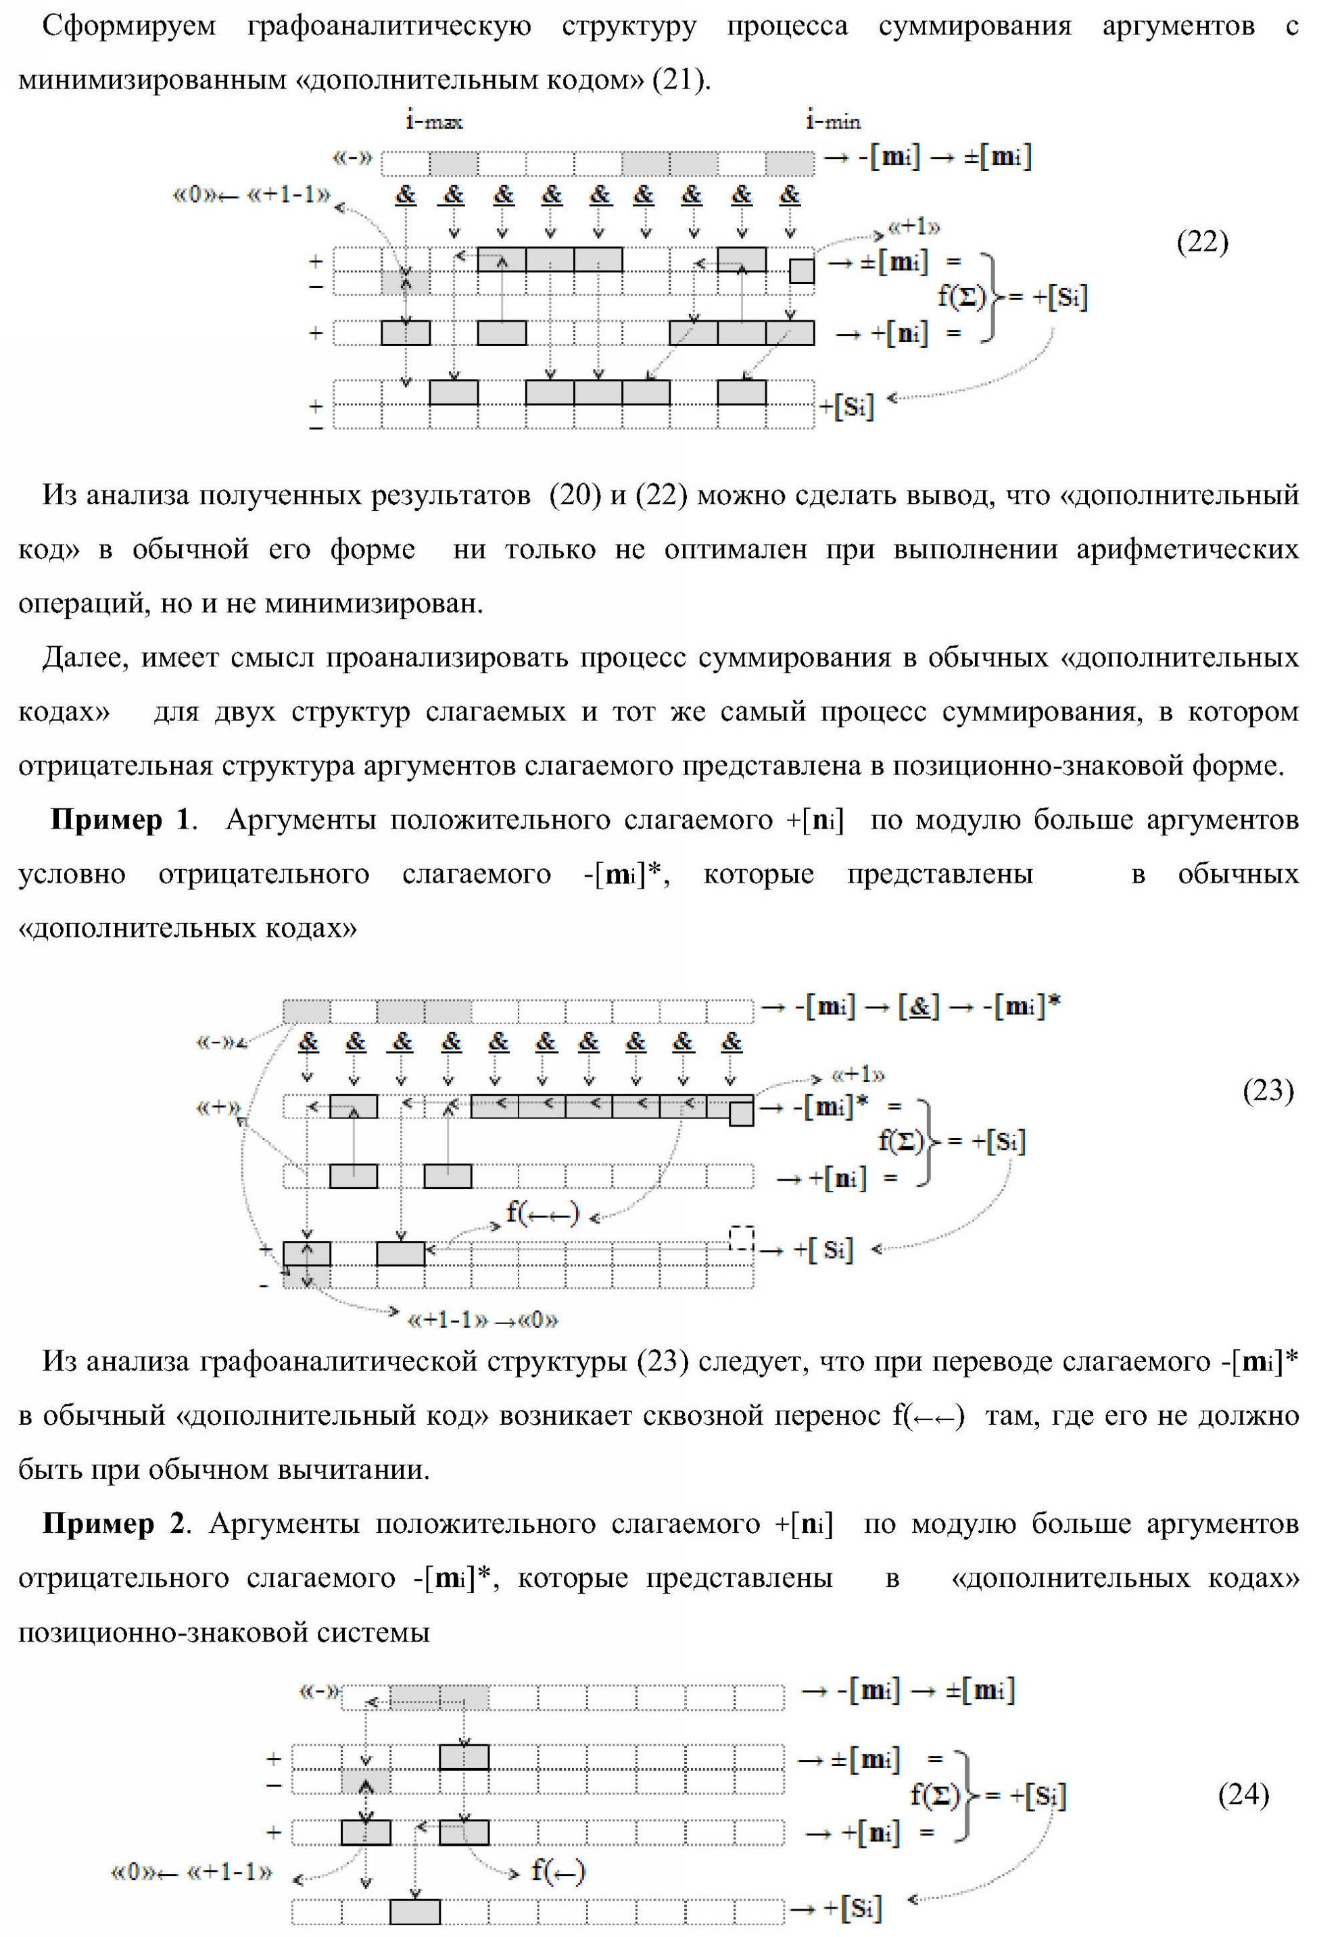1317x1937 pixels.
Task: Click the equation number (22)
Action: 1201,242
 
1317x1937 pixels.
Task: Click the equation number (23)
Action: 1267,1089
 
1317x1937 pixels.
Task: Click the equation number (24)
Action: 1243,1794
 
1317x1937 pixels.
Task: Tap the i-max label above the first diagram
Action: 434,122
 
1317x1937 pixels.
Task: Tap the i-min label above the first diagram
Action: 833,122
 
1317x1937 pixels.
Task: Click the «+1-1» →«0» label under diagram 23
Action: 482,1320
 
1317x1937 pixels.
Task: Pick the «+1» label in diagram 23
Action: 858,1075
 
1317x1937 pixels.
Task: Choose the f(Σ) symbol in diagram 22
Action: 961,296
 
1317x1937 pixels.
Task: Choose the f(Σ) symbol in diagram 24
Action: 934,1794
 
